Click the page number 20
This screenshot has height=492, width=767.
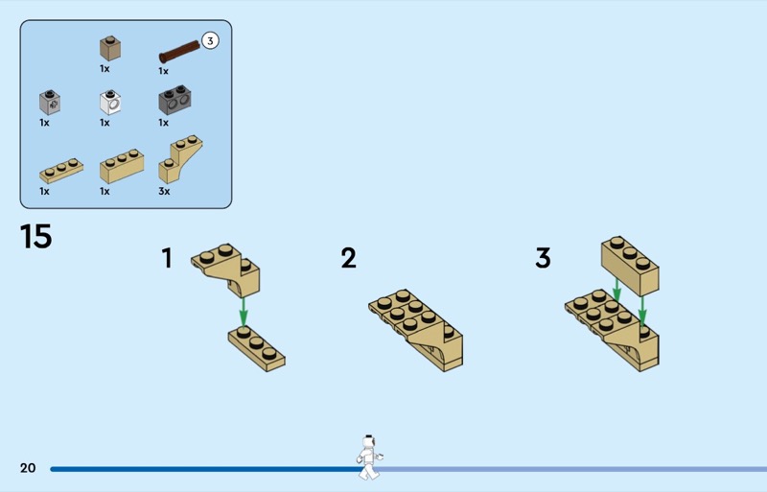pyautogui.click(x=28, y=468)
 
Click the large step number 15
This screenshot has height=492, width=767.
pyautogui.click(x=35, y=237)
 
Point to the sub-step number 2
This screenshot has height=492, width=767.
pyautogui.click(x=348, y=258)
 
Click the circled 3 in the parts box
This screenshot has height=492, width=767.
pyautogui.click(x=210, y=40)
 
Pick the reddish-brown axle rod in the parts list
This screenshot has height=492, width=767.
pyautogui.click(x=179, y=52)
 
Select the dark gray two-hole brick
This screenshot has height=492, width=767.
pyautogui.click(x=174, y=100)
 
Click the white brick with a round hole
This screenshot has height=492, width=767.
pyautogui.click(x=110, y=102)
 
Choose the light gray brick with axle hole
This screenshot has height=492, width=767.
pyautogui.click(x=50, y=102)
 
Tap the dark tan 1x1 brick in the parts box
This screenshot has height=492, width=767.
pyautogui.click(x=110, y=48)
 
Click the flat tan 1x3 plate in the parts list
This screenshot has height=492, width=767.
pyautogui.click(x=61, y=171)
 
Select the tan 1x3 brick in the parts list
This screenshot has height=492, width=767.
pyautogui.click(x=122, y=167)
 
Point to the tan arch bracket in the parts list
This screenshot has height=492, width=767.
pyautogui.click(x=179, y=158)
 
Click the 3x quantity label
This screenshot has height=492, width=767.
pyautogui.click(x=164, y=192)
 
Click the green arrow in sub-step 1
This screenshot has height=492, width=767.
pyautogui.click(x=244, y=311)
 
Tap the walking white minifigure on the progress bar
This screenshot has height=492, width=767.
pyautogui.click(x=369, y=457)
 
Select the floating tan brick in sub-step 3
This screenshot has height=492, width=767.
pyautogui.click(x=630, y=266)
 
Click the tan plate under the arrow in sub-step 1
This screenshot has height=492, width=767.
pyautogui.click(x=256, y=348)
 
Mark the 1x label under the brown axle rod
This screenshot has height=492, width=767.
pyautogui.click(x=163, y=72)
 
